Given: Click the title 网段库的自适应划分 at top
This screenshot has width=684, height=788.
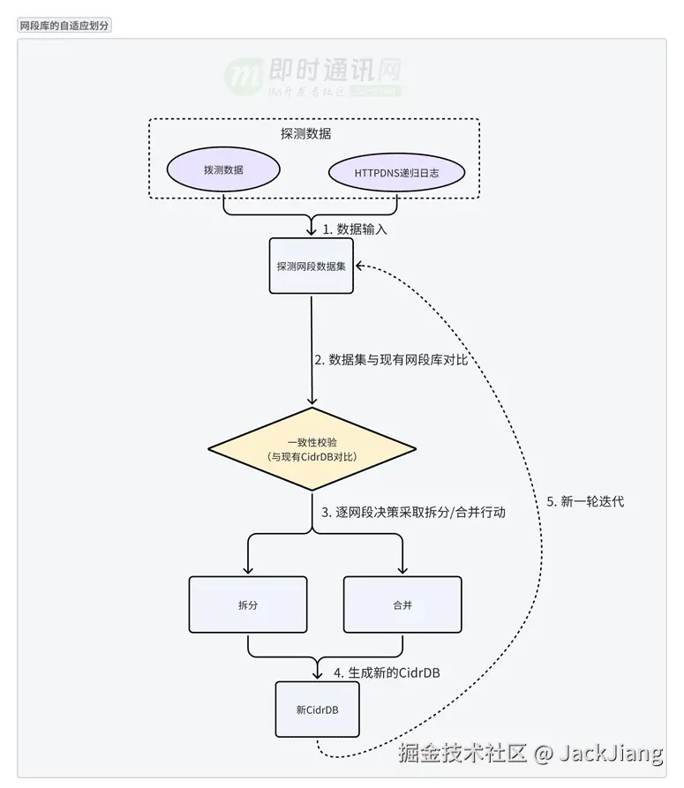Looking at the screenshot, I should pyautogui.click(x=64, y=26).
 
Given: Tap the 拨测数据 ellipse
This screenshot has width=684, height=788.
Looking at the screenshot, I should pyautogui.click(x=223, y=170).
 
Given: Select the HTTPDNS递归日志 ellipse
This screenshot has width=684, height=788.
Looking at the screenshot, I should pyautogui.click(x=396, y=173).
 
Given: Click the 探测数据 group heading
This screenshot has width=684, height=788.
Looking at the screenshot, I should pyautogui.click(x=305, y=134).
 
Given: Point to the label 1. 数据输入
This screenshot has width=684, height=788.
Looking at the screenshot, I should pyautogui.click(x=354, y=229).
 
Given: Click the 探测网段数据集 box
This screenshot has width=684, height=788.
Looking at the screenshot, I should pyautogui.click(x=312, y=266).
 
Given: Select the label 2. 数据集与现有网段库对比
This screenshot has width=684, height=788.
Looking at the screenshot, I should pyautogui.click(x=390, y=360).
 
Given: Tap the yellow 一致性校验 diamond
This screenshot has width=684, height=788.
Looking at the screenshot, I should pyautogui.click(x=312, y=449).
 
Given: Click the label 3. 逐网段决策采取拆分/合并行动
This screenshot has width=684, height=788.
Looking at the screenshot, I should pyautogui.click(x=413, y=512).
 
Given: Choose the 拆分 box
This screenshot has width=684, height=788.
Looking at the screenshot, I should pyautogui.click(x=248, y=604).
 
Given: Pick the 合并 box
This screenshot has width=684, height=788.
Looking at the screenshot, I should pyautogui.click(x=402, y=604).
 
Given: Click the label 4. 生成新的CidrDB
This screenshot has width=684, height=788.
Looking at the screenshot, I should pyautogui.click(x=387, y=672).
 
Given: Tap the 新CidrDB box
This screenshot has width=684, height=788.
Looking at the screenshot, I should pyautogui.click(x=317, y=709).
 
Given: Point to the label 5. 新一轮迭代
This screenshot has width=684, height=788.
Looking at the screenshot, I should pyautogui.click(x=585, y=501).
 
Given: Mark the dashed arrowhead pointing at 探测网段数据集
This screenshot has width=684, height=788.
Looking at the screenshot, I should pyautogui.click(x=362, y=266).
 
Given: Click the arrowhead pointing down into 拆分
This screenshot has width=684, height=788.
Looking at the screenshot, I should pyautogui.click(x=248, y=570).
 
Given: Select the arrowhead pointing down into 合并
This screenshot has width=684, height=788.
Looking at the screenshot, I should pyautogui.click(x=402, y=570).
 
